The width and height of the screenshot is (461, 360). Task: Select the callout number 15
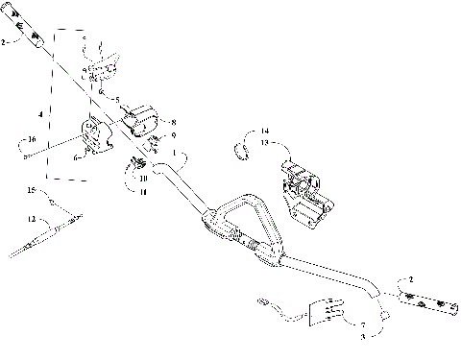coord(31,192)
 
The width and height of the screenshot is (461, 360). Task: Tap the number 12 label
coord(31,219)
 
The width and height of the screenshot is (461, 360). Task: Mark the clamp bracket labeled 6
coord(96,136)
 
